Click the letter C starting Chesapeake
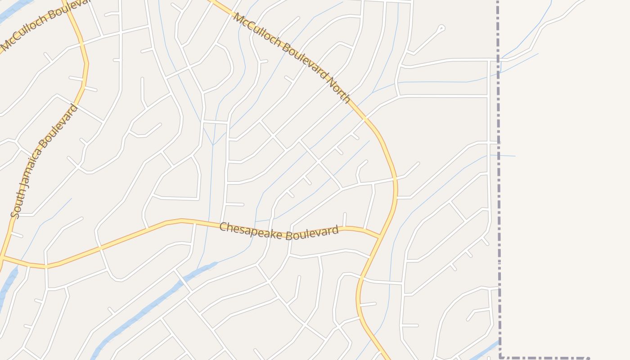point(223,227)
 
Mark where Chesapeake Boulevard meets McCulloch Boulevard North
point(380,236)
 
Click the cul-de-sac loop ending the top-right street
point(441,28)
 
